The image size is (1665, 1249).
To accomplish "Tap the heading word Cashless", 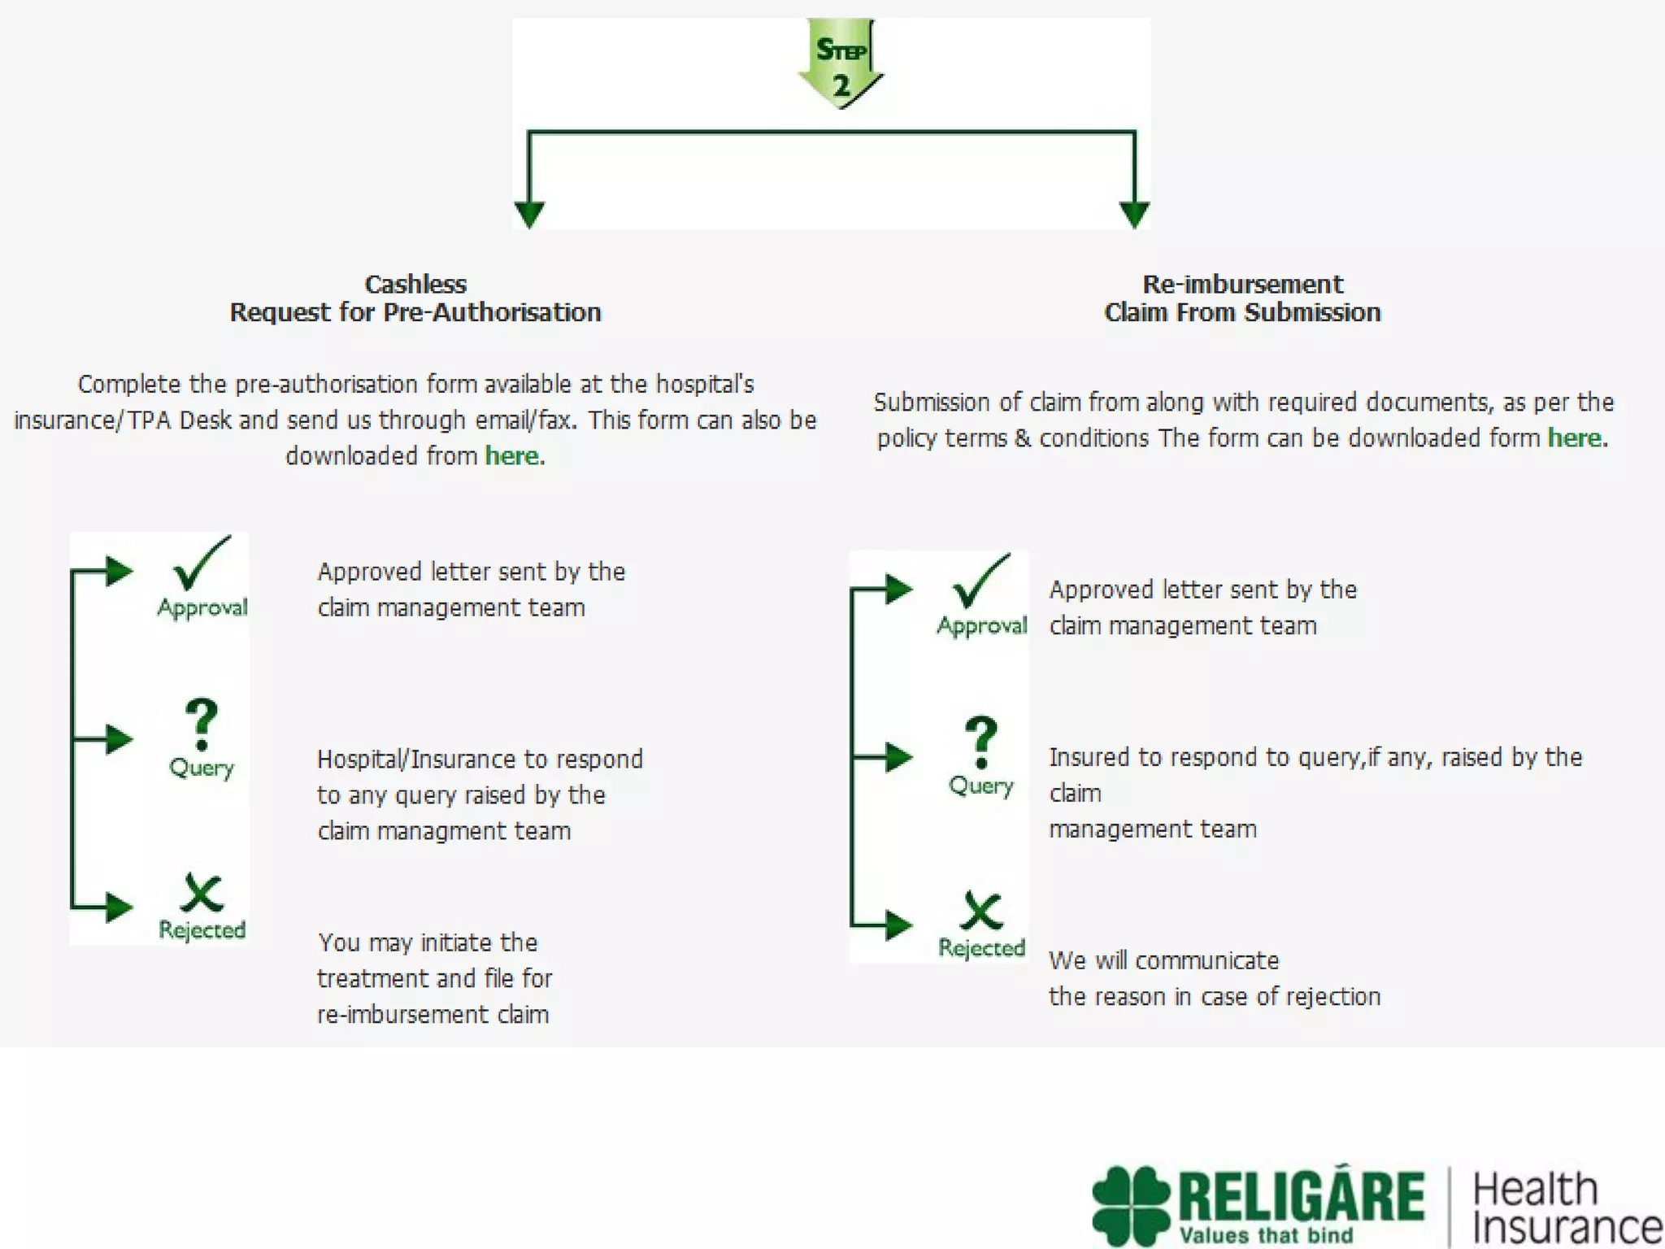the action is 415,284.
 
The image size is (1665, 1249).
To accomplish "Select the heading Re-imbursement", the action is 1242,284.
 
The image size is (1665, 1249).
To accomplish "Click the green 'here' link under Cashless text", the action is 512,455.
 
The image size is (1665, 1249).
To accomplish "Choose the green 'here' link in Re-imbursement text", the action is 1575,437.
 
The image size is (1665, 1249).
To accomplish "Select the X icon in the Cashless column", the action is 202,893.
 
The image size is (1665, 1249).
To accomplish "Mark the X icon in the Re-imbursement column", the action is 981,911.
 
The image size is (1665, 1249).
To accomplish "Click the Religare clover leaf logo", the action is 1132,1205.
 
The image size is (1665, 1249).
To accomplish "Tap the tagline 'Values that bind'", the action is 1266,1235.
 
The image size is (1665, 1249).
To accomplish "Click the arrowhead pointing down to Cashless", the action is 529,215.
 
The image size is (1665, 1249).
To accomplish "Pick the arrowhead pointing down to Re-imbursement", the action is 1134,215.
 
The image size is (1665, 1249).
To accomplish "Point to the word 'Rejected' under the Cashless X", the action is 202,929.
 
